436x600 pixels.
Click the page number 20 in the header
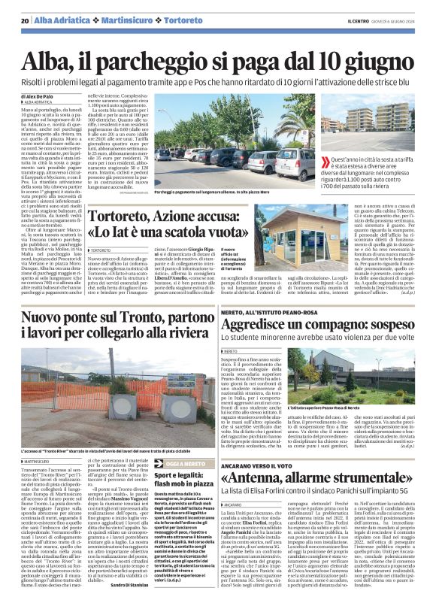(25, 20)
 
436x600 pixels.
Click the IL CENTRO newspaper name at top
(357, 20)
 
